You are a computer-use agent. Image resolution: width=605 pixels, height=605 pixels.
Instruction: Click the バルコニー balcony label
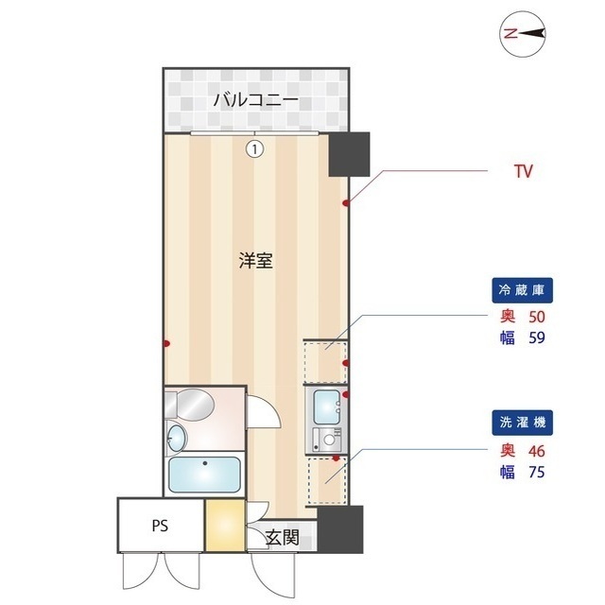point(255,98)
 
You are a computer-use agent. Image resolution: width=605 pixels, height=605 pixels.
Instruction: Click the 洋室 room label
point(255,262)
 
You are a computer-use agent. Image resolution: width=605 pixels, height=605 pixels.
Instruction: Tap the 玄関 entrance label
point(282,539)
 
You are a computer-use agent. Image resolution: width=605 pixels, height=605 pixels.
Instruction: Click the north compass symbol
point(523,33)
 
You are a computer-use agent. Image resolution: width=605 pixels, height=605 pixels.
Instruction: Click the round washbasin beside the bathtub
point(177,438)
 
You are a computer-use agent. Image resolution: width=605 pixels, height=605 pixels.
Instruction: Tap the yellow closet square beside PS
point(225,527)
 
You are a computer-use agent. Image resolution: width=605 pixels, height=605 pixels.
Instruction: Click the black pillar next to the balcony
point(348,153)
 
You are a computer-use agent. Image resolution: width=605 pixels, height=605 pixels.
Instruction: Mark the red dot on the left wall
point(166,343)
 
